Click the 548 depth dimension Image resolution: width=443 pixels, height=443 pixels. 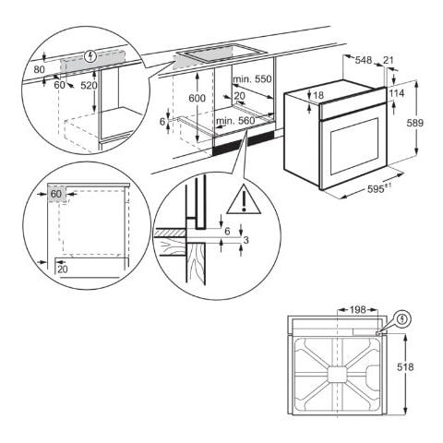coord(363,60)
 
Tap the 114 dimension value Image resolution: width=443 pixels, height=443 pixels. coord(397,93)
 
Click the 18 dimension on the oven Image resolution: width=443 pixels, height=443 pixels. coord(318,95)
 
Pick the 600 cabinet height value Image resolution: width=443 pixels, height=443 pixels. coord(196,99)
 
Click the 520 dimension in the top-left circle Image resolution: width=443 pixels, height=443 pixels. coord(88,85)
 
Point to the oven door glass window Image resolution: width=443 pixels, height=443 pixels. coord(347,149)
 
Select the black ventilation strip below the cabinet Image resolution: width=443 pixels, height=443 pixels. coord(244,142)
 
